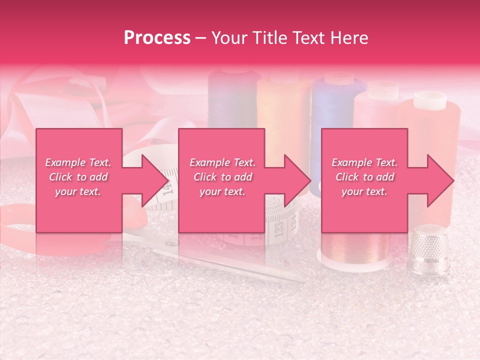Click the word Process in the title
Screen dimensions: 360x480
click(157, 38)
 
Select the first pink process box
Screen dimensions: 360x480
click(79, 180)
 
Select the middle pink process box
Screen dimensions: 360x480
click(221, 180)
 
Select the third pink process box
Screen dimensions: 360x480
click(364, 180)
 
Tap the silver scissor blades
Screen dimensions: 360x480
click(235, 260)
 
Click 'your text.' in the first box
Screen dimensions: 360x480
click(78, 191)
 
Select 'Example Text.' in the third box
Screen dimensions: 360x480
click(364, 162)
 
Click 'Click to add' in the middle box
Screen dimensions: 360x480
click(222, 177)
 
